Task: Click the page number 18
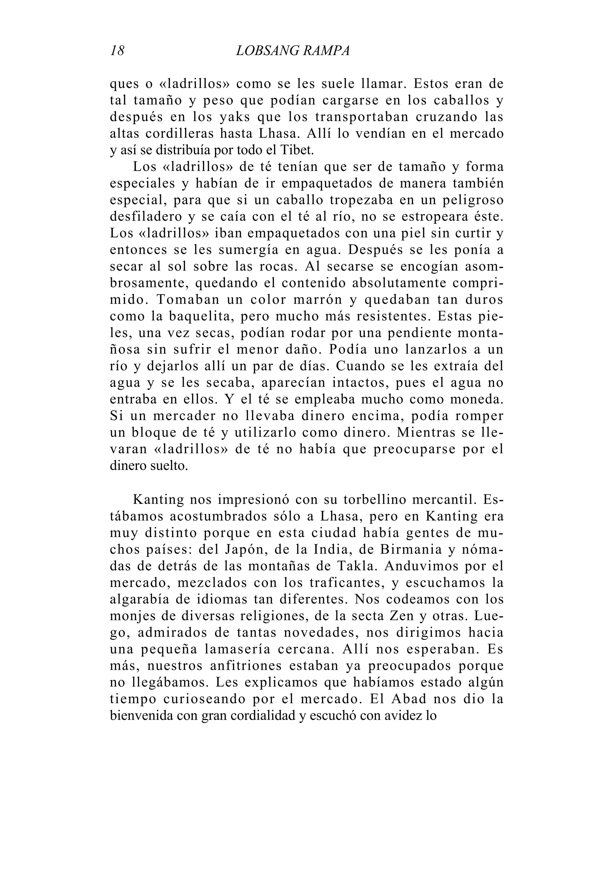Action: coord(117,51)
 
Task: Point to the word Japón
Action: coord(242,550)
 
